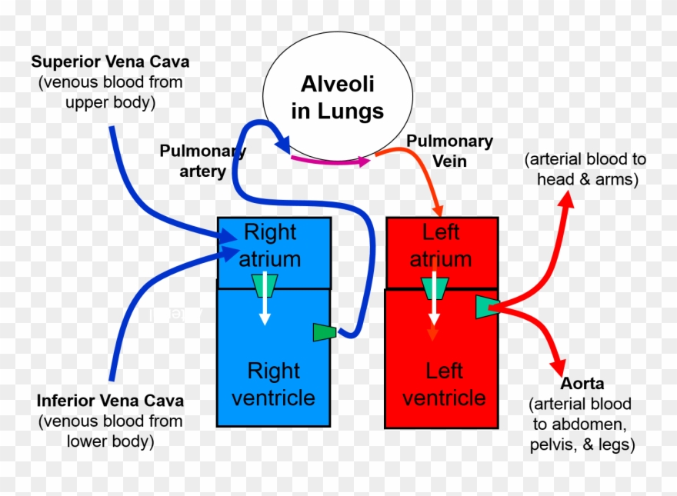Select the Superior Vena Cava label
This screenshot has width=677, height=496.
110,61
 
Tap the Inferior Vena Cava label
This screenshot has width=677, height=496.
110,401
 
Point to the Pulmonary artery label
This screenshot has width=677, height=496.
202,161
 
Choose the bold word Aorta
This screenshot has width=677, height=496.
582,383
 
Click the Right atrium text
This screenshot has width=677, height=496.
269,245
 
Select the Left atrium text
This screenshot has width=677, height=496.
440,245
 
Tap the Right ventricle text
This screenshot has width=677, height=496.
273,384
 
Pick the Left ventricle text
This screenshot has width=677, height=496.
444,384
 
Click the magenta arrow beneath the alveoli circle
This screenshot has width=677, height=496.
331,161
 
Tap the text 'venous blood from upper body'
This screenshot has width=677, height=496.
110,91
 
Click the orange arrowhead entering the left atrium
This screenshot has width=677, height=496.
439,208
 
